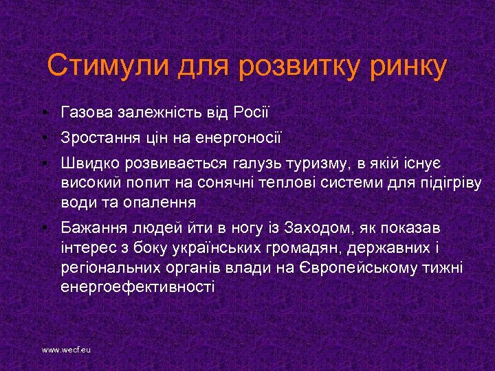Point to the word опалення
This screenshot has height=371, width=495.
[159, 203]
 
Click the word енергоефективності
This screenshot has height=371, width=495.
[137, 287]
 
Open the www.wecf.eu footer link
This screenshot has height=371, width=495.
[66, 350]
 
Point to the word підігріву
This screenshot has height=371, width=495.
[451, 183]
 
